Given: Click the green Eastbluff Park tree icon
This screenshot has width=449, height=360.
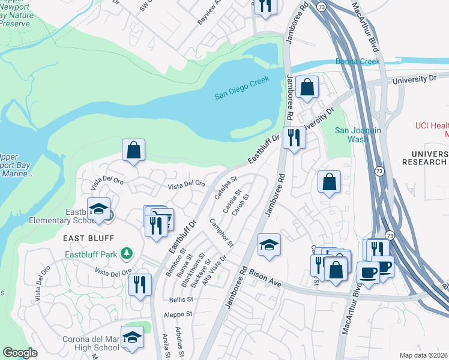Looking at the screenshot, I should tap(126, 253).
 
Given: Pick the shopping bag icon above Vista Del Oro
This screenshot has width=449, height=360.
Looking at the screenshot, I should tap(133, 151).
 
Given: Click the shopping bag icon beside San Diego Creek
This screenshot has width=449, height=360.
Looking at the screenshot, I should tap(307, 87).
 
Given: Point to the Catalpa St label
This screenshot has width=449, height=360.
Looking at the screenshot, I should tap(226, 188).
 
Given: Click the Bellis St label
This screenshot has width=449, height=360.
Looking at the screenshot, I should tap(180, 299).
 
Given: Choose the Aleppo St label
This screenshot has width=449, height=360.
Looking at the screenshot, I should tap(179, 314).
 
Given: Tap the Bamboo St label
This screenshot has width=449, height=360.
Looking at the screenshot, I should tap(172, 265).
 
